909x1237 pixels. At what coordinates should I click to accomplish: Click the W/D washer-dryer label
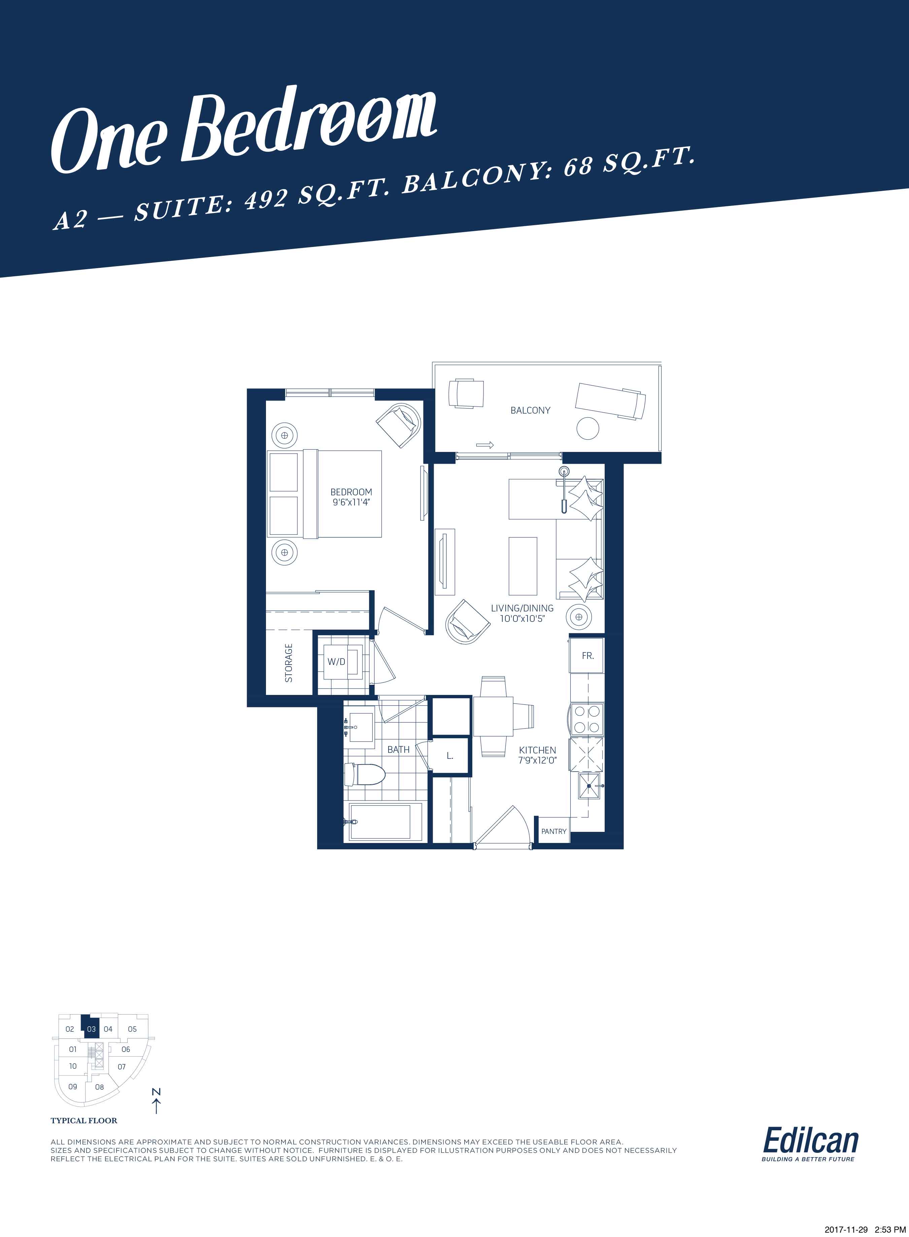point(336,662)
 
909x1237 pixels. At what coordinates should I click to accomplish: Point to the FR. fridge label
point(588,656)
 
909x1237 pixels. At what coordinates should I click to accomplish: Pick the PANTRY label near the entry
point(553,831)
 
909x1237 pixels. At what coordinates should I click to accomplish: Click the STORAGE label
point(288,663)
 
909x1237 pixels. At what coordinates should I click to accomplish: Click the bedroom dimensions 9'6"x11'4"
point(351,502)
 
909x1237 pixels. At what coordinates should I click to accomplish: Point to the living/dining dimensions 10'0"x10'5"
point(522,618)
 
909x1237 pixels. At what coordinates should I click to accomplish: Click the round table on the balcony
point(588,428)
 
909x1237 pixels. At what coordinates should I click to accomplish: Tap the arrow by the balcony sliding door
point(485,445)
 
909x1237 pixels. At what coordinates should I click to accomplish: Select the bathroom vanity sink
point(361,727)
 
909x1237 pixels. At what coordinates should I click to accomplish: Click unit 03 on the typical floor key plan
point(91,1029)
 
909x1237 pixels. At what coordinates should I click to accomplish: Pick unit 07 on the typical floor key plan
point(122,1066)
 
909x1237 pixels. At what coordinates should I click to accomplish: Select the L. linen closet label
point(449,756)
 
